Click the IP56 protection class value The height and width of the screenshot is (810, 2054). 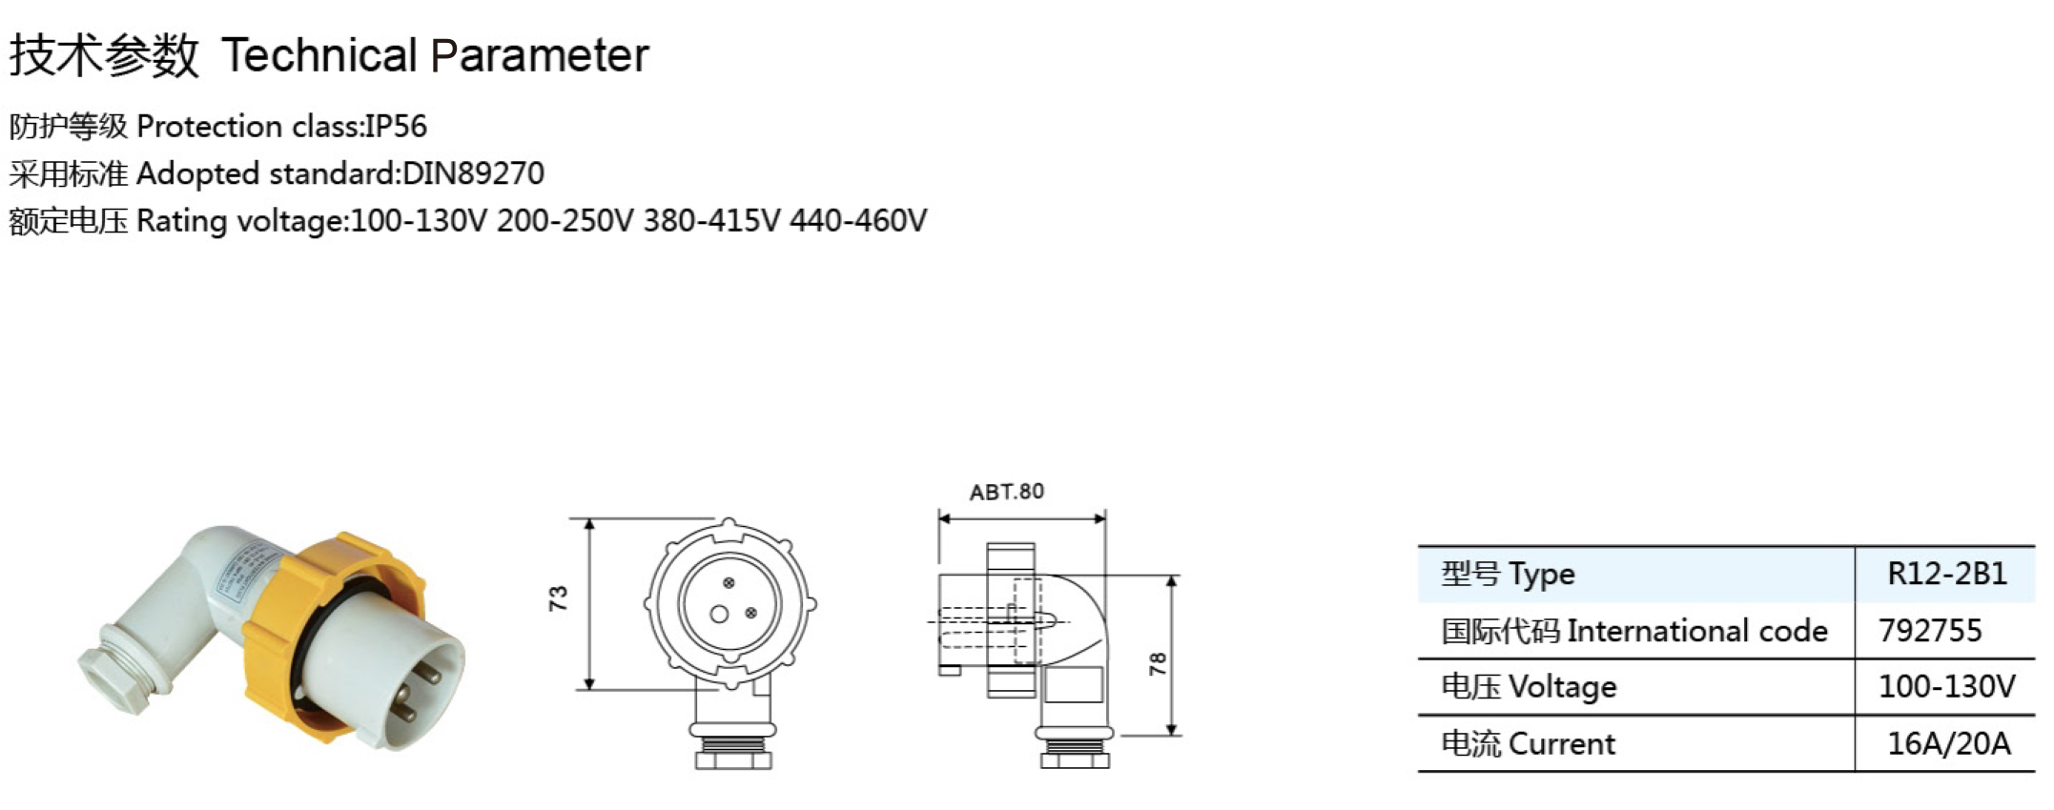coord(396,126)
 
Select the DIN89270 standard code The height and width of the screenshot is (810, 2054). coord(473,173)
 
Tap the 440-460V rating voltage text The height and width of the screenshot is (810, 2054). coord(858,221)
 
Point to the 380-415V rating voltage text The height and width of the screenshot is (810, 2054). coord(711,221)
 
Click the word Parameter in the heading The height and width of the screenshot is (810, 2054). coord(540,55)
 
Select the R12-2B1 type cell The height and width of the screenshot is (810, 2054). coord(1947,574)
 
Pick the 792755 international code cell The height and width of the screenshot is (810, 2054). coord(1930,630)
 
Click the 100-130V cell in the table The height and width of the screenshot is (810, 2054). coord(1947,686)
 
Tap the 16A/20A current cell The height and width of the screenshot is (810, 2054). coord(1949,743)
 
